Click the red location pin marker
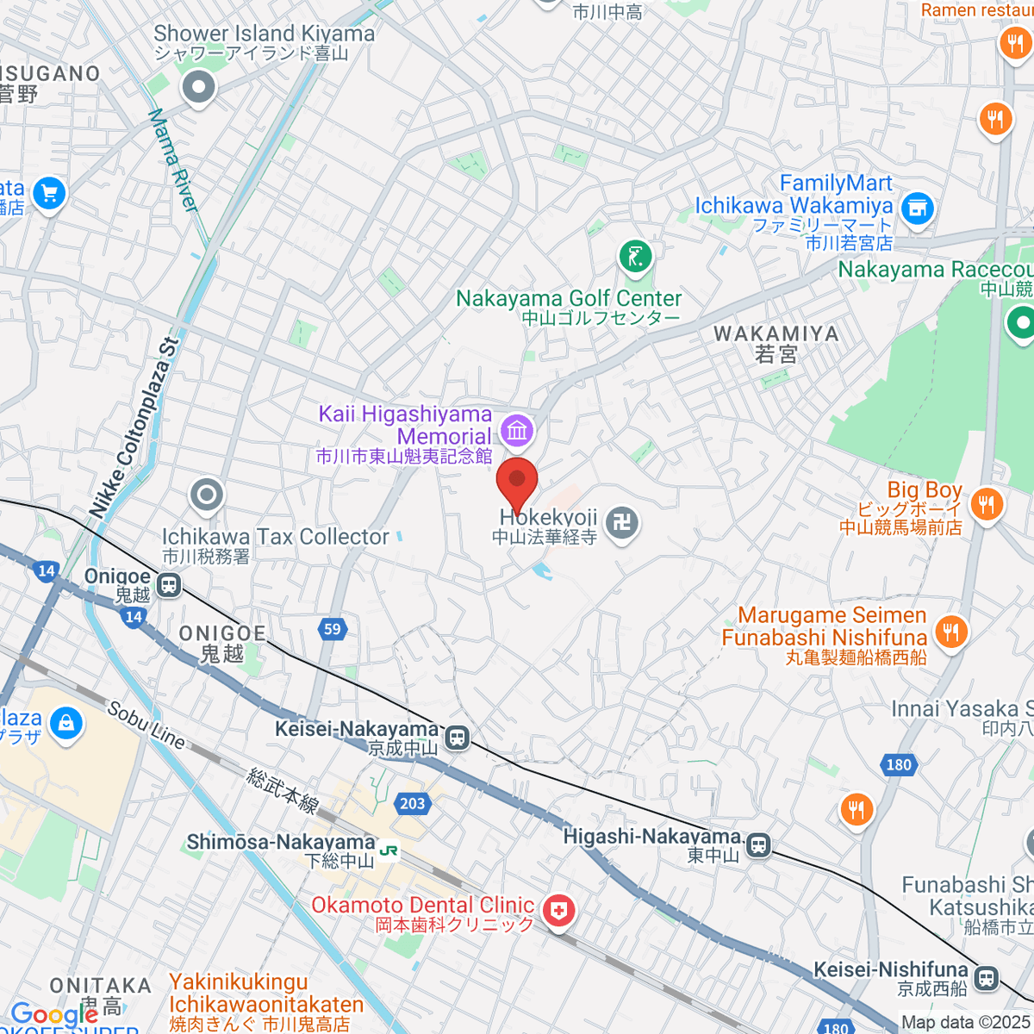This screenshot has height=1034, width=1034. [517, 483]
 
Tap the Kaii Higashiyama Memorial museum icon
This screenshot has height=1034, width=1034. [517, 430]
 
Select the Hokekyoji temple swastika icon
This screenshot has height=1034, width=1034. [621, 523]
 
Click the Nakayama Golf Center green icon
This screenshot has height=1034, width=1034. [636, 257]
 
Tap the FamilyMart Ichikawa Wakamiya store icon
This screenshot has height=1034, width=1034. [917, 208]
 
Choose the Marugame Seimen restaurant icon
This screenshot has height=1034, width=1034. [950, 632]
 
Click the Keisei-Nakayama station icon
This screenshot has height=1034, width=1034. [457, 738]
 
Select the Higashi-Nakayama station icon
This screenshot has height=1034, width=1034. [758, 845]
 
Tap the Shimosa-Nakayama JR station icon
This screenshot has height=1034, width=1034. [389, 850]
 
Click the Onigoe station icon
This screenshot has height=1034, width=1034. [170, 585]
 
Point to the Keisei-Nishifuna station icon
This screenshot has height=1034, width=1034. [986, 978]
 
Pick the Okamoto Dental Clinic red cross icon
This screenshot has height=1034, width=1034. [559, 911]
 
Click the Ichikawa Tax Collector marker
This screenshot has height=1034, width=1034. [207, 495]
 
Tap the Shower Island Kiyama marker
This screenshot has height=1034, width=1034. [199, 87]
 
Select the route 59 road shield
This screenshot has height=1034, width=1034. [333, 629]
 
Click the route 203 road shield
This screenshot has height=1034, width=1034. [413, 803]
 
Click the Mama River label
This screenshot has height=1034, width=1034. [173, 160]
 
